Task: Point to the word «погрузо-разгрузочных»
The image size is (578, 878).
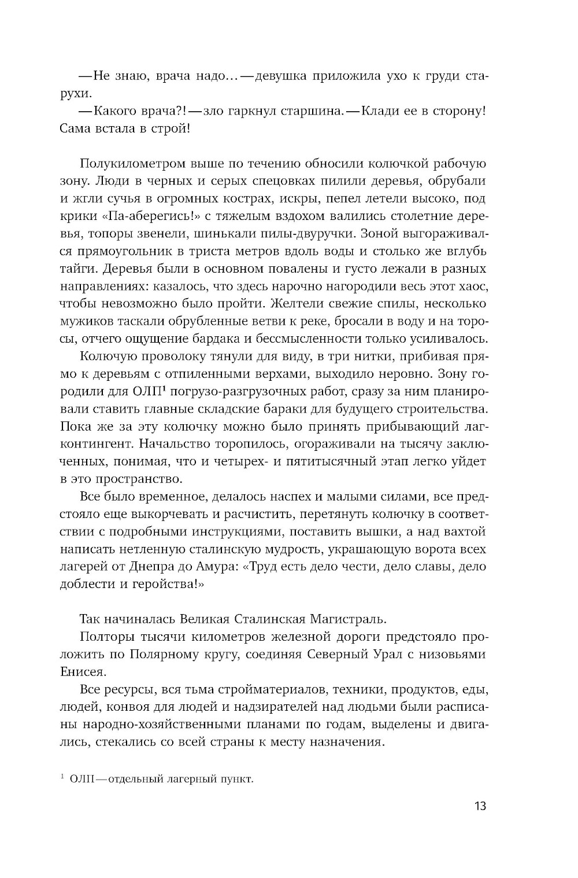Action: (226, 391)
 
